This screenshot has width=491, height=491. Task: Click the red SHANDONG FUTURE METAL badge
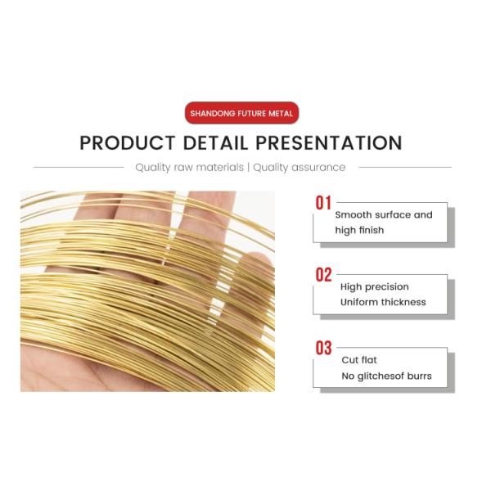[x=241, y=113]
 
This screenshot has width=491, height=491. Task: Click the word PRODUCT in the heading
[x=128, y=143]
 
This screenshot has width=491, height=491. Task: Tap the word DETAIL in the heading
[x=215, y=143]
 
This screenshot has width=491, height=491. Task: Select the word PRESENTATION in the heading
[x=329, y=143]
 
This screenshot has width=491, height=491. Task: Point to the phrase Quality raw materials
[x=190, y=168]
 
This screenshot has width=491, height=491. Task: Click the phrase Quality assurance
[x=299, y=168]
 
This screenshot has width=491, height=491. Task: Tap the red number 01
[x=323, y=203]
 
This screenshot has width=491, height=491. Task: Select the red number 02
[x=323, y=275]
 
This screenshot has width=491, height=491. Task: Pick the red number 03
[x=323, y=348]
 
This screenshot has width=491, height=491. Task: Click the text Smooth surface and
[x=384, y=214]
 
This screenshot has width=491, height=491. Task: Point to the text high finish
[x=359, y=230]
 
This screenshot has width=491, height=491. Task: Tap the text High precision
[x=375, y=287]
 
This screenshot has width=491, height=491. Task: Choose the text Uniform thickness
[x=383, y=302]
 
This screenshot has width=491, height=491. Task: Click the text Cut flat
[x=359, y=360]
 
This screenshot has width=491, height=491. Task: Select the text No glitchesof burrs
[x=386, y=376]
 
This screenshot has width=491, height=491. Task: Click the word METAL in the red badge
[x=281, y=114]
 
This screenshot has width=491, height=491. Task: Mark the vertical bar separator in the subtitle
[x=248, y=168]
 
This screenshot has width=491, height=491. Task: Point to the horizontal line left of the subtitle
[x=79, y=167]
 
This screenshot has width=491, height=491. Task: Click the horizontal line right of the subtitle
[x=405, y=167]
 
